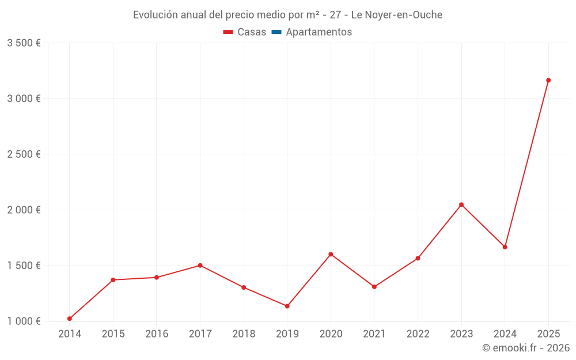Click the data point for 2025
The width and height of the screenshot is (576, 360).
pos(548,80)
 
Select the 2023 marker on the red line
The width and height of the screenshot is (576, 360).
pos(461,204)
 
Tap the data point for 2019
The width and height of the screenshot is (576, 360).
pos(287,306)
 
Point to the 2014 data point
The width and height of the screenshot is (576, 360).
pos(70,319)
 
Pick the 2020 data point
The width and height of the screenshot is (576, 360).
pos(331,254)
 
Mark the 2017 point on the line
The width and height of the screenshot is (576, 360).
pos(200,266)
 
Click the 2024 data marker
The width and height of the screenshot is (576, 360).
pos(505,247)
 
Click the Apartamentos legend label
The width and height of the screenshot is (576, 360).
pos(319,32)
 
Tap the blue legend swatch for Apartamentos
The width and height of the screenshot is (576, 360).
pos(276,32)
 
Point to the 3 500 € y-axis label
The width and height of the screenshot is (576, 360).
pos(24,43)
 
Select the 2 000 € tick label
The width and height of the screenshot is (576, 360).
pos(24,210)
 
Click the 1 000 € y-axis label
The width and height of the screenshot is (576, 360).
pos(24,321)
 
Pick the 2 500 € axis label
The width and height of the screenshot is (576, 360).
pos(24,154)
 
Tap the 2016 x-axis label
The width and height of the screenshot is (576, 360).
pos(157,334)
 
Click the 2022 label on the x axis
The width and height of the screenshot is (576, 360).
pos(418,334)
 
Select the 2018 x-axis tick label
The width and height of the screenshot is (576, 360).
pos(244,334)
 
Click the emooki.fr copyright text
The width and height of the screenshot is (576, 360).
pos(526,348)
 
